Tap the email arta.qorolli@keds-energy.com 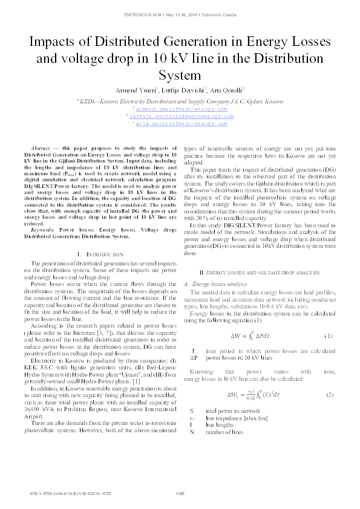click(180, 123)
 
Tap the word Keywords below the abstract click(42, 229)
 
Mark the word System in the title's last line click(180, 75)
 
